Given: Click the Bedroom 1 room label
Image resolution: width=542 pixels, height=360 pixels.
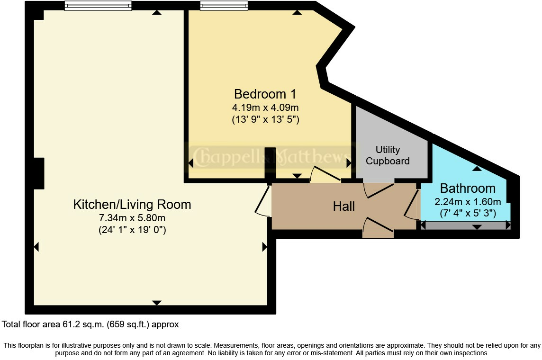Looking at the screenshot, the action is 265,94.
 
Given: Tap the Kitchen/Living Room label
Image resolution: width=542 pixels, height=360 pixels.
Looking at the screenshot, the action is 132,205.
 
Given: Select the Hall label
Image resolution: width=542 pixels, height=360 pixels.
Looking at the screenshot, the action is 343,206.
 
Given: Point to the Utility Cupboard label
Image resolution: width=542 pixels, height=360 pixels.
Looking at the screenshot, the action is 388,155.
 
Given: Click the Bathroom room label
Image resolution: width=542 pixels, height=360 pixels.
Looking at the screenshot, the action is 468,189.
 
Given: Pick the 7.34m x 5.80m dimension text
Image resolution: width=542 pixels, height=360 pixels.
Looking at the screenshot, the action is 132,218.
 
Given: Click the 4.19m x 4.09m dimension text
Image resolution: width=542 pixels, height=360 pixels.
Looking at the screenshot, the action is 265,108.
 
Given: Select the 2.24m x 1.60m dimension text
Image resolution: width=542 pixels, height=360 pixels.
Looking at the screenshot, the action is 468,202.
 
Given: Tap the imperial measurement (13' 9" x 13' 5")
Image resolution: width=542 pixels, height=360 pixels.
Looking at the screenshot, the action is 265,119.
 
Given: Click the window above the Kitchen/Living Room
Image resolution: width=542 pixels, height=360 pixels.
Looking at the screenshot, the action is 98,6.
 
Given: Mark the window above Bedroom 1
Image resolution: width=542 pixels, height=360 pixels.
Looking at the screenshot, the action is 224,6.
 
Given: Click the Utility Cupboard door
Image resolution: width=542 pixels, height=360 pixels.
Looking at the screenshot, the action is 379,189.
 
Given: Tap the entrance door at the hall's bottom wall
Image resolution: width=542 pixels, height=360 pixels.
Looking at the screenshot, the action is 378,226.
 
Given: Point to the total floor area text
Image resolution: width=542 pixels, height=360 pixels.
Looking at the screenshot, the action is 90,324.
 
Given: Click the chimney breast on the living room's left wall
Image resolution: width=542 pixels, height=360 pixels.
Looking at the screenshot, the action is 39,173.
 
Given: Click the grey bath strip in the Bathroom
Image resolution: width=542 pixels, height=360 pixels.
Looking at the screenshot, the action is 465,225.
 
